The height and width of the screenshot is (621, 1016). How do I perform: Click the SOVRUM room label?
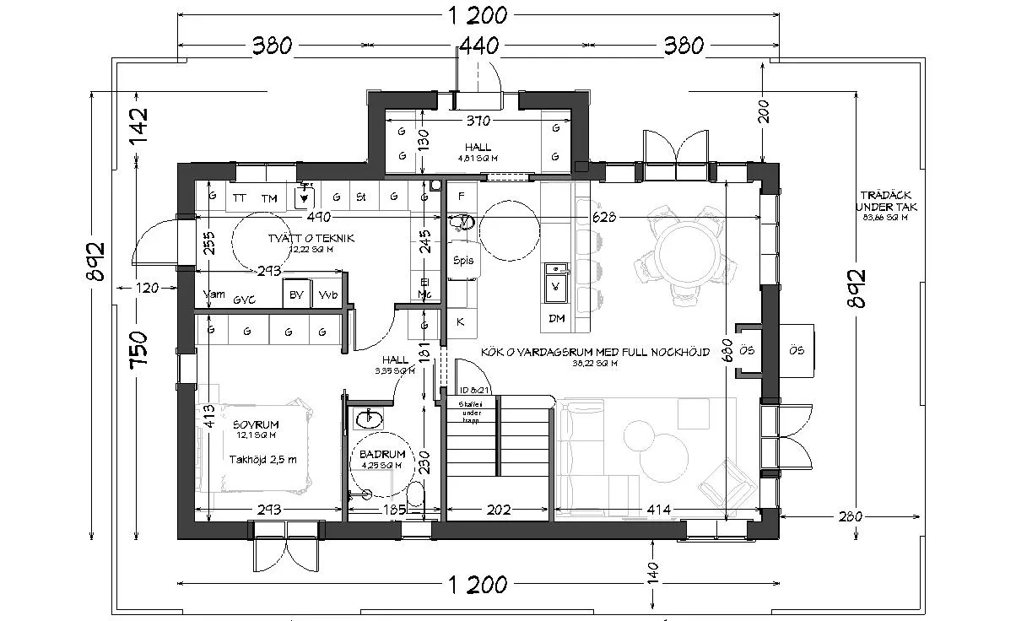[256, 424]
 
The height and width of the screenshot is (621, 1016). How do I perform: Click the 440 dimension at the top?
[479, 45]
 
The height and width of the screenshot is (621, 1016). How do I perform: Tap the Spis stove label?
[462, 261]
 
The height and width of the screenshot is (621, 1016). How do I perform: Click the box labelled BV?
[295, 295]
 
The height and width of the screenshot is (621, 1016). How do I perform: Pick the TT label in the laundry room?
[240, 198]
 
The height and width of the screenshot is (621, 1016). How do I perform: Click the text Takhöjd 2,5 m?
[262, 460]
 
